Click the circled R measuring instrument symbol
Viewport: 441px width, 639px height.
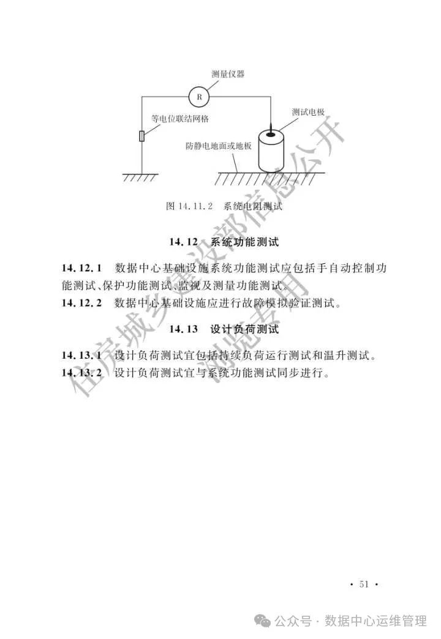[x=198, y=96]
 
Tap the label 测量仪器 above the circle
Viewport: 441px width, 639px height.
[x=228, y=74]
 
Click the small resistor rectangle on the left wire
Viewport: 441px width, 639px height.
[x=143, y=136]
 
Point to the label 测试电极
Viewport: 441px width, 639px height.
[x=308, y=112]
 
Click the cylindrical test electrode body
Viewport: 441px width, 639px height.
[x=270, y=151]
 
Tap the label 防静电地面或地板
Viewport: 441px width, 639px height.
[x=219, y=147]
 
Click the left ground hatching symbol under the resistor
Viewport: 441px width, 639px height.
[x=141, y=177]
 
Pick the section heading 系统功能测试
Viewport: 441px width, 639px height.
[x=244, y=242]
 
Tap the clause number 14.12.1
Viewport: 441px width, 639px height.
[x=81, y=268]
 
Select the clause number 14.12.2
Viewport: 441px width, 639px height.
[x=81, y=302]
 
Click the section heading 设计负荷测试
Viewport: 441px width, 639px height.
[x=244, y=329]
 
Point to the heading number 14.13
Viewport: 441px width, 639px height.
[x=183, y=329]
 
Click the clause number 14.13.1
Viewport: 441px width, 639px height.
[x=81, y=356]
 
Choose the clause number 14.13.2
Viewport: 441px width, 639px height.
[x=81, y=373]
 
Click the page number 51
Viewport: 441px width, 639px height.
[x=364, y=584]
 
